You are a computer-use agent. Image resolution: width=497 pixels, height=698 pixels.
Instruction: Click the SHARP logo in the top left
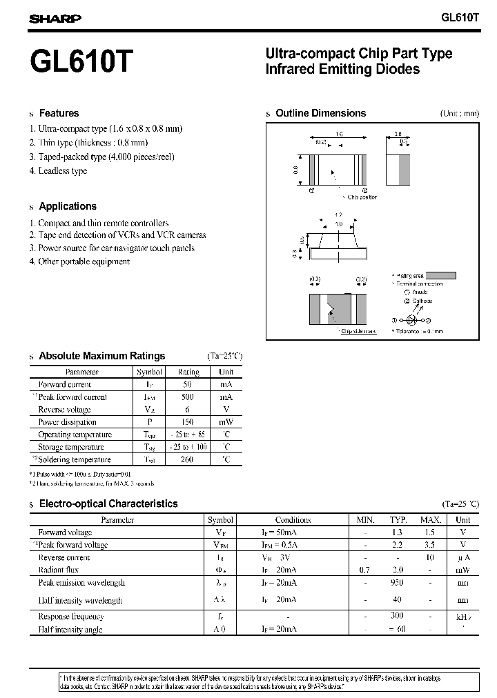pos(55,19)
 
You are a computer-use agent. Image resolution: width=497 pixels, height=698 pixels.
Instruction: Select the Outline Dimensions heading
pos(320,113)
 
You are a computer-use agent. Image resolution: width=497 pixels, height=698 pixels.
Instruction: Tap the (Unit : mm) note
pos(459,114)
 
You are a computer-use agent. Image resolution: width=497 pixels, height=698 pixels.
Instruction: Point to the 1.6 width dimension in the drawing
pos(339,134)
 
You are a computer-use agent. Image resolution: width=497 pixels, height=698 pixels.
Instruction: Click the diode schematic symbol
pos(412,321)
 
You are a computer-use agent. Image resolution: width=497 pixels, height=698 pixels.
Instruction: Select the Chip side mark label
pos(360,332)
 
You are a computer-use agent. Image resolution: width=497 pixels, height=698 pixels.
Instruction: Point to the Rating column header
pos(188,372)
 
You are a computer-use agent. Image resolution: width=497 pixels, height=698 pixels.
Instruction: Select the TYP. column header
pos(398,520)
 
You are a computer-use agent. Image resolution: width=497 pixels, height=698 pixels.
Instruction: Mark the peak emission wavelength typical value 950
pos(398,582)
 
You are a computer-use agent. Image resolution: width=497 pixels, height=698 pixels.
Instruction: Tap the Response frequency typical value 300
pos(398,617)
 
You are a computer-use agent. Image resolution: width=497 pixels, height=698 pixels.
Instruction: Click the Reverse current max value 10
pos(429,557)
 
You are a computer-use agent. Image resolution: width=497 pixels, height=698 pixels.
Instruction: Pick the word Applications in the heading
pos(68,206)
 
